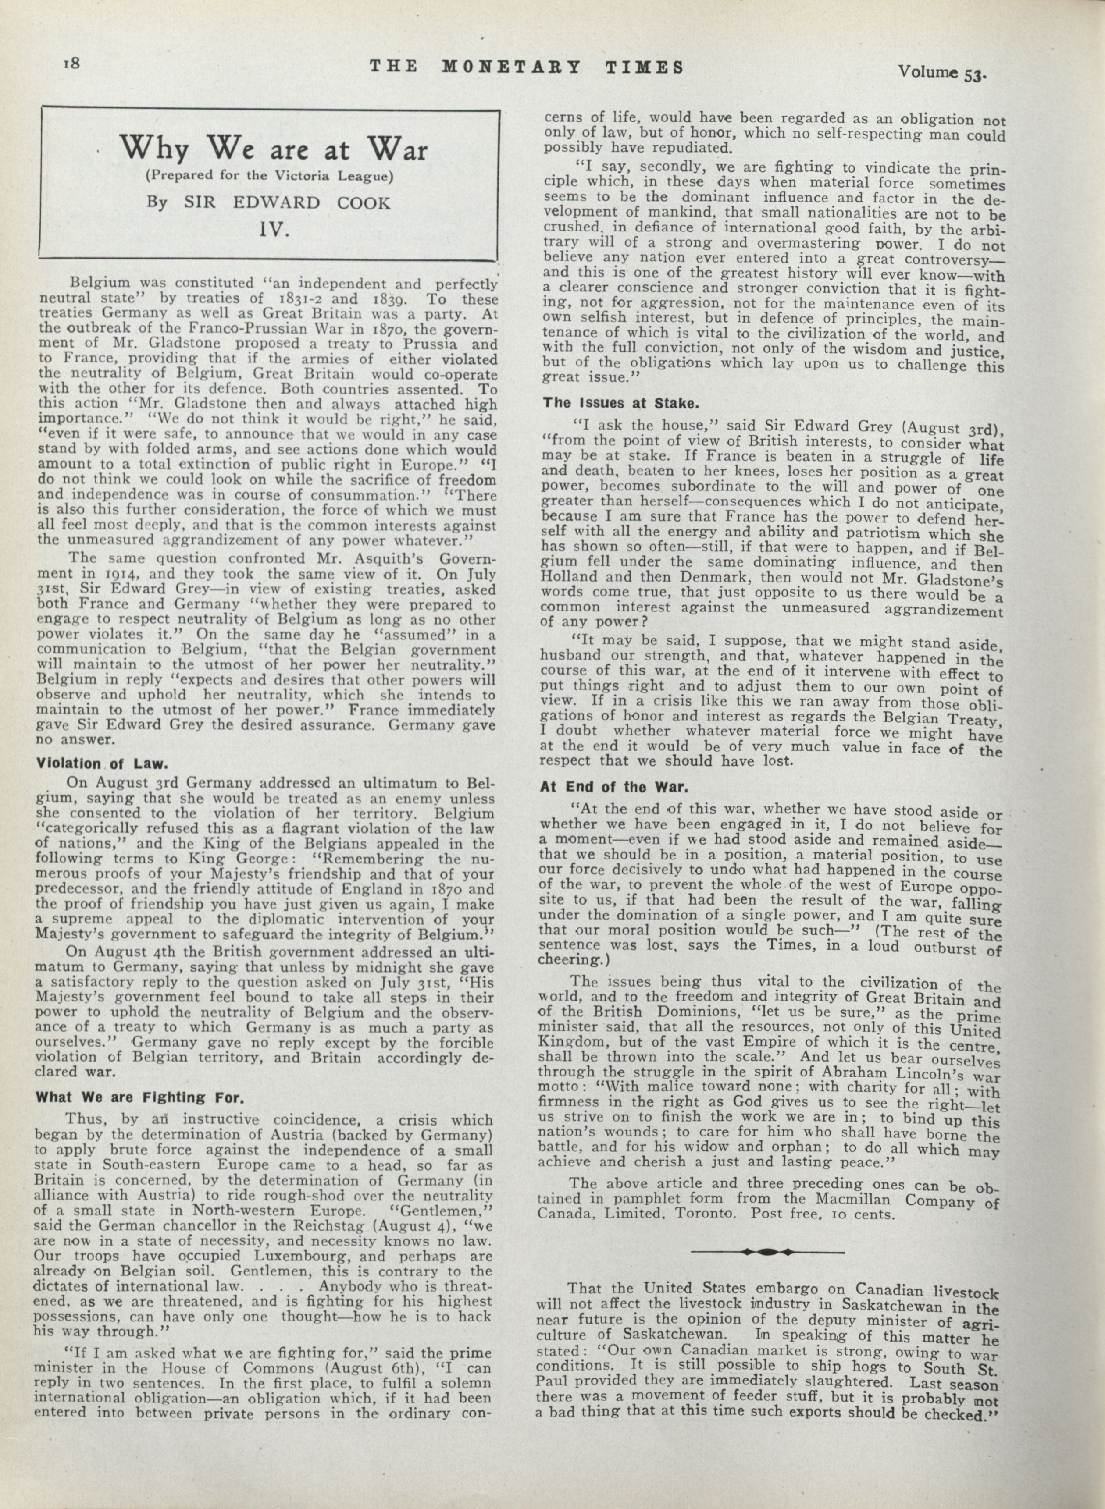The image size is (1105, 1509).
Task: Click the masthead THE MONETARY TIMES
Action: tap(527, 67)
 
